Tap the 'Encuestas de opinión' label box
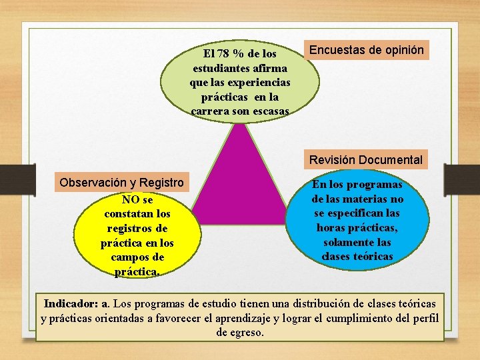point(366,50)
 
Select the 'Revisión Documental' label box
point(366,159)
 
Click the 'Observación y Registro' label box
point(121,182)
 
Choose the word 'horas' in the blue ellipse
point(331,227)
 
